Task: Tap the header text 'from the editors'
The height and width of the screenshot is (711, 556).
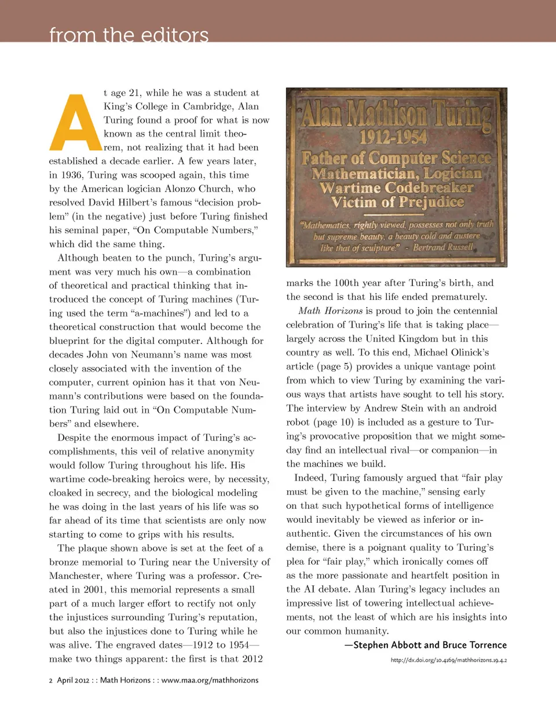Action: coord(129,36)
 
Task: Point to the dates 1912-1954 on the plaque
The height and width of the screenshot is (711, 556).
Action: coord(393,137)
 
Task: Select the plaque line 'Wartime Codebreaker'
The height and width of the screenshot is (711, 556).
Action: coord(397,188)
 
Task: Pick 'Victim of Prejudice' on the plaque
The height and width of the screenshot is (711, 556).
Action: coord(397,202)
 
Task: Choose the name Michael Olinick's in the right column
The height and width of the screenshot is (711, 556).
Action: coord(458,353)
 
